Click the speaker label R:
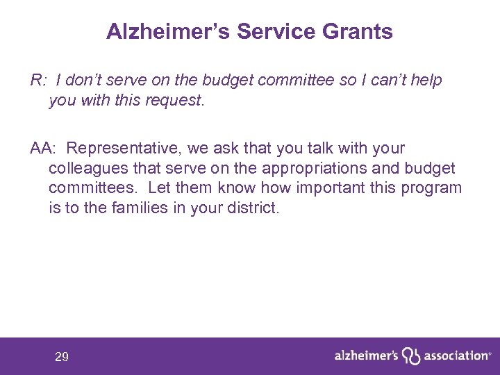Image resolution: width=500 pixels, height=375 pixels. tap(38, 81)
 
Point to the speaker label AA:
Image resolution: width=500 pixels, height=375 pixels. tap(44, 149)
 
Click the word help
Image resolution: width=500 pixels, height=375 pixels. tap(426, 81)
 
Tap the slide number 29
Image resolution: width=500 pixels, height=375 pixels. tap(62, 358)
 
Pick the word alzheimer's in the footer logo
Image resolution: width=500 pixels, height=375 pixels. tap(366, 356)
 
